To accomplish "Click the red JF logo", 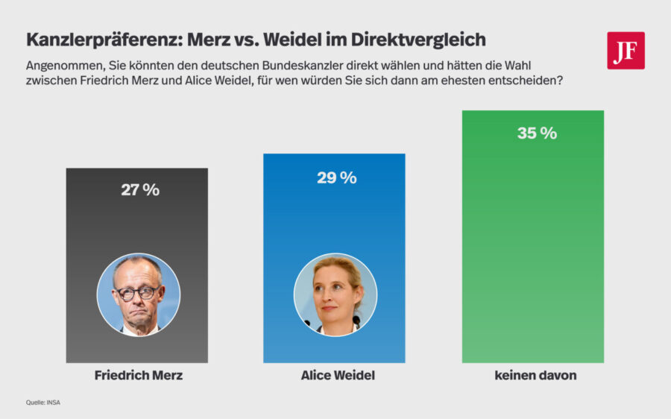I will pos(626,51).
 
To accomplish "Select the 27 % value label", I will pos(140,190).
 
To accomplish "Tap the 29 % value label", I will pos(337,177).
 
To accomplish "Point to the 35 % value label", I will pos(537,133).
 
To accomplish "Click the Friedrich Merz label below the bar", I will pos(139,376).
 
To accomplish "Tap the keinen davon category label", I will pos(535,376).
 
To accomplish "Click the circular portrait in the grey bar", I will pos(139,295).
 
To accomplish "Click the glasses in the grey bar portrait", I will pos(138,292).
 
